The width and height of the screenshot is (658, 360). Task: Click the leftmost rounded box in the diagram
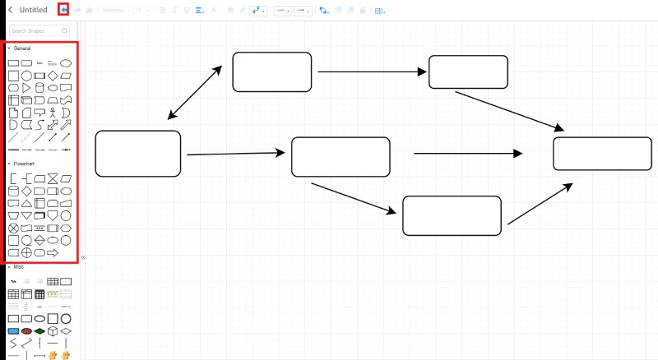(137, 154)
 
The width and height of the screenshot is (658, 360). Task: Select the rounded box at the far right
(601, 154)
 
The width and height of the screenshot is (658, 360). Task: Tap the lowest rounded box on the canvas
(452, 215)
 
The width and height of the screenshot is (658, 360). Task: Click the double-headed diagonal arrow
(195, 92)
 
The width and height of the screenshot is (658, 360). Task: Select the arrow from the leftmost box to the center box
(234, 154)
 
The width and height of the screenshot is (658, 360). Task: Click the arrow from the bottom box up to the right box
(540, 204)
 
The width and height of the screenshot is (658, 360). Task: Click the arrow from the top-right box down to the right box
(510, 111)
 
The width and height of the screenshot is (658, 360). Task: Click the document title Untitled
(34, 10)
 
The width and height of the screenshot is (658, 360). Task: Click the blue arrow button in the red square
(63, 10)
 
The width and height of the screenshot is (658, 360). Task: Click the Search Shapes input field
(39, 30)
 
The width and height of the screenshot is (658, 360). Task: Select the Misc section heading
(18, 267)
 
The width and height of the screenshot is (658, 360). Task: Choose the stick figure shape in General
(53, 113)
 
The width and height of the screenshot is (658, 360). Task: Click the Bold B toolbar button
(163, 11)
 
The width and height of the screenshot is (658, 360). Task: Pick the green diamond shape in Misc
(39, 331)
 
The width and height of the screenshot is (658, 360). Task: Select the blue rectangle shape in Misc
(13, 331)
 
